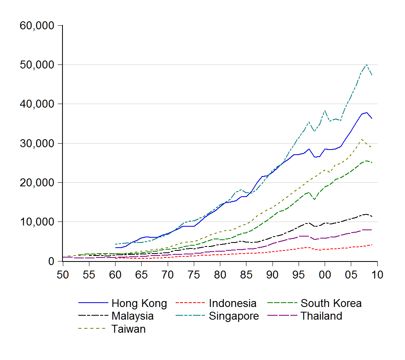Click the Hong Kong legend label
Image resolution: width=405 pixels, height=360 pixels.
coord(139,303)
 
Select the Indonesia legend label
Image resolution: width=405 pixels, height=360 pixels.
coord(233,303)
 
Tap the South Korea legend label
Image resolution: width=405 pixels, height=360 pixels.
coord(331,303)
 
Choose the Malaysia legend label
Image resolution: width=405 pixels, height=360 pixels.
coord(132,316)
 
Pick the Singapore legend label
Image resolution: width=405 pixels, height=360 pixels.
coord(234,316)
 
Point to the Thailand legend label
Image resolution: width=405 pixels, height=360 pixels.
coord(322,316)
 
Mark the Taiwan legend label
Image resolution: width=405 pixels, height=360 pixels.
coord(129,329)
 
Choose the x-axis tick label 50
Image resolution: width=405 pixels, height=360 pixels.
coord(63,275)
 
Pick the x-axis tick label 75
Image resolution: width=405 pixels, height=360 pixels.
coord(194,275)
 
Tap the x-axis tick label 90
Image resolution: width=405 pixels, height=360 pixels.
coord(273,275)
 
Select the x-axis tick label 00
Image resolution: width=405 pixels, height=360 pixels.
coord(325,275)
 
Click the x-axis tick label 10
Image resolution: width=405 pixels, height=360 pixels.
coord(377,275)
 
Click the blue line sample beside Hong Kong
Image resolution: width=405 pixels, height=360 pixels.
coord(93,303)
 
